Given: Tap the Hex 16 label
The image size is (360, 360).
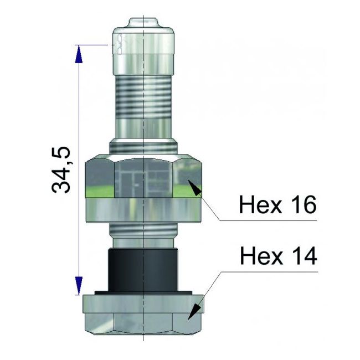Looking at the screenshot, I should (x=277, y=205).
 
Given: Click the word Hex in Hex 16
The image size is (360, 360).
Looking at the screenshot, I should (x=258, y=205).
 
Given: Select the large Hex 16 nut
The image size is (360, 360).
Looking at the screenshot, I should (x=143, y=177).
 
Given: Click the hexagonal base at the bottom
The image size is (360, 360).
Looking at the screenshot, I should (x=143, y=316).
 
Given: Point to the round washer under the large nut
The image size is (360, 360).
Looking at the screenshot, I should (x=143, y=210).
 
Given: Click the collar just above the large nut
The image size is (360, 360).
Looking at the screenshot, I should (x=143, y=147).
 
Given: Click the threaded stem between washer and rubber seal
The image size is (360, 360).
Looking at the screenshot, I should (x=143, y=235).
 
